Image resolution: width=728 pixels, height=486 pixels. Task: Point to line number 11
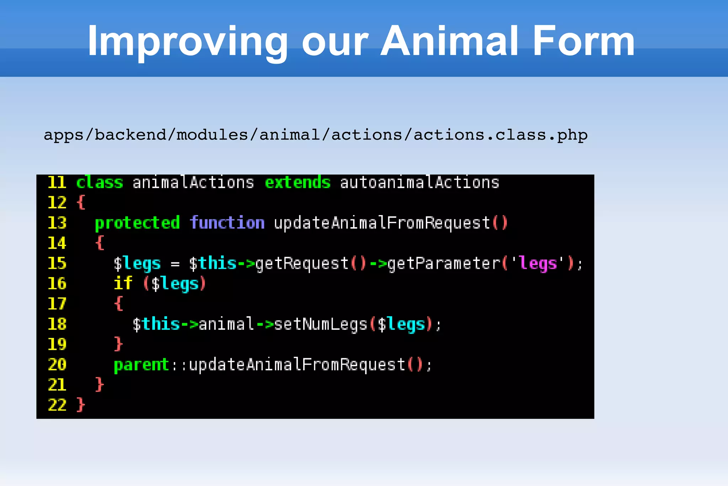57,183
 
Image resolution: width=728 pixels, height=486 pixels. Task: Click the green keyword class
100,183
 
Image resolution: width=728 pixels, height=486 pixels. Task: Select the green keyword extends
298,183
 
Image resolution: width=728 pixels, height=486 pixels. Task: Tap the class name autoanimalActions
419,183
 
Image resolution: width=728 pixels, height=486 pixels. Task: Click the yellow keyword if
123,284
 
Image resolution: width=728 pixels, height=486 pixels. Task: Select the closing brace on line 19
118,344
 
